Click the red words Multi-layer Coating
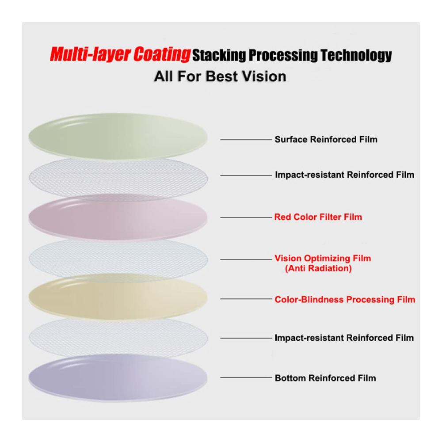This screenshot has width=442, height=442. click(x=120, y=54)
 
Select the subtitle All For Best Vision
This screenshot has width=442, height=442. click(x=220, y=76)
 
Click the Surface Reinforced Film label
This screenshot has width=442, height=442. click(x=326, y=140)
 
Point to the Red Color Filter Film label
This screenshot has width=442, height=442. click(x=318, y=217)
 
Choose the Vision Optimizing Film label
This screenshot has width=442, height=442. click(x=323, y=258)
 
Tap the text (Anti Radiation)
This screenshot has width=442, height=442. click(x=318, y=268)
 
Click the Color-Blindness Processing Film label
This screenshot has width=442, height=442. click(x=345, y=299)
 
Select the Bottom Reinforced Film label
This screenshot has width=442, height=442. click(x=325, y=378)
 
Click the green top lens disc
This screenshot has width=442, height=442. click(x=118, y=136)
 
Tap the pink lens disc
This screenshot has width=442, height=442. click(x=118, y=217)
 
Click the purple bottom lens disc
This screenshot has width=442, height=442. click(x=118, y=378)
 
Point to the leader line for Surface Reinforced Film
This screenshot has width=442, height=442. click(x=246, y=140)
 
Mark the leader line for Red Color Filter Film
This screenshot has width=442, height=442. click(x=246, y=217)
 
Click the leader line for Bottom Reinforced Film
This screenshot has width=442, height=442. click(x=246, y=377)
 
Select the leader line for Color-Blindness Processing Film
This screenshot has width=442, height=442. click(x=246, y=299)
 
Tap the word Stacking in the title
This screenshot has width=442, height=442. click(x=219, y=55)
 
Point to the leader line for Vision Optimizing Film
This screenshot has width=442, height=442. click(x=246, y=259)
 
